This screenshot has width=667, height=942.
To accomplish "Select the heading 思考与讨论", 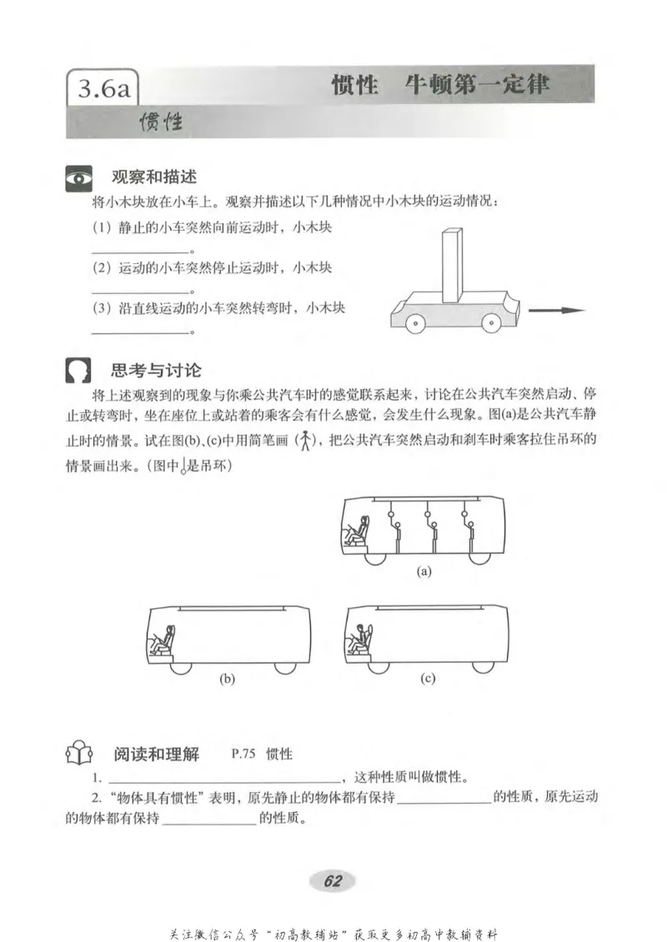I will pyautogui.click(x=156, y=370).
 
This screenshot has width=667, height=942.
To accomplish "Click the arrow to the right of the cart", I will pyautogui.click(x=557, y=311).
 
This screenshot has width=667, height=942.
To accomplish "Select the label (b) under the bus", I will pyautogui.click(x=227, y=679).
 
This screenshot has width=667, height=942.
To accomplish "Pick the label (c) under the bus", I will pyautogui.click(x=428, y=679).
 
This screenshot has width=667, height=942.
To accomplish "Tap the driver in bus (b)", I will pyautogui.click(x=163, y=640).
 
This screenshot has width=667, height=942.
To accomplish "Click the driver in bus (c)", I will pyautogui.click(x=361, y=640).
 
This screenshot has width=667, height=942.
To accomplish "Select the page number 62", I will pyautogui.click(x=333, y=882).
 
